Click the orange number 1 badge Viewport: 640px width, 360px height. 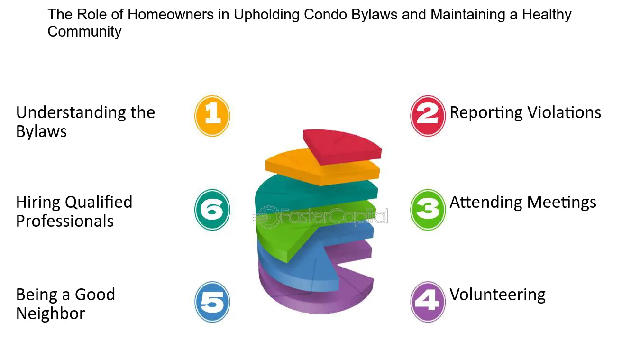212,116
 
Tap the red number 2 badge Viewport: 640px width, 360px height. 428,116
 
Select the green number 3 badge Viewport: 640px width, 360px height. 428,210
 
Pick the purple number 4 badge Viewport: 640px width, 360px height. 428,302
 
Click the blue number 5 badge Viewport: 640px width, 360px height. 212,302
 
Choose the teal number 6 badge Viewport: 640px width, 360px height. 212,210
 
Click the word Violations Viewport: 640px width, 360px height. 564,112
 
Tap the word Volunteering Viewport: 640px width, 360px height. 497,295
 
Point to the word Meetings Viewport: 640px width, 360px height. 561,203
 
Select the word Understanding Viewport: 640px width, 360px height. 71,112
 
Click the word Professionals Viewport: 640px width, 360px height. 65,221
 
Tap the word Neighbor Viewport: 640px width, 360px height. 51,314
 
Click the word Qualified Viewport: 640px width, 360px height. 99,202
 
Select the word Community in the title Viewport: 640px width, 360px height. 84,32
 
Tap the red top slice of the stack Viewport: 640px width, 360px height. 342,147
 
